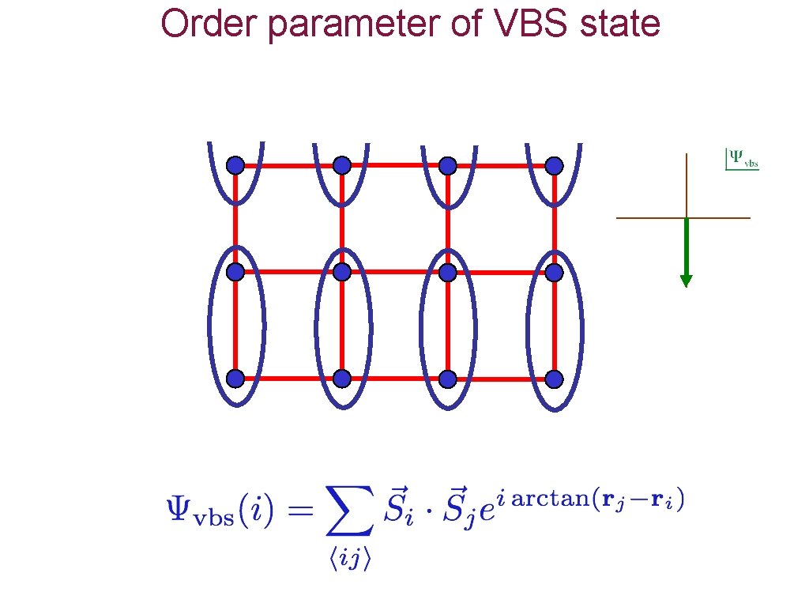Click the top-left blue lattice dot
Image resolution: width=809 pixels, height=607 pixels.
pyautogui.click(x=235, y=165)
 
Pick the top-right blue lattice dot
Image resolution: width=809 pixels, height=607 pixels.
pyautogui.click(x=554, y=165)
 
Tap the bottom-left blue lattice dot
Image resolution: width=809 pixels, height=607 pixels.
pyautogui.click(x=235, y=379)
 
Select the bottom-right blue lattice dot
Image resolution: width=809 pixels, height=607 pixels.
pyautogui.click(x=554, y=379)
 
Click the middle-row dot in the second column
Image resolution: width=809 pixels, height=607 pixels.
pyautogui.click(x=341, y=272)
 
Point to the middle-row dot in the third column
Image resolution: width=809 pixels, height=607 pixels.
pyautogui.click(x=448, y=272)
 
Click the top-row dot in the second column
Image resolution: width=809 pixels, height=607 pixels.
pyautogui.click(x=341, y=165)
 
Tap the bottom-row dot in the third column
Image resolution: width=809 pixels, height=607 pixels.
pyautogui.click(x=448, y=379)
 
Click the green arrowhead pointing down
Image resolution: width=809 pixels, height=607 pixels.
pyautogui.click(x=686, y=280)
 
